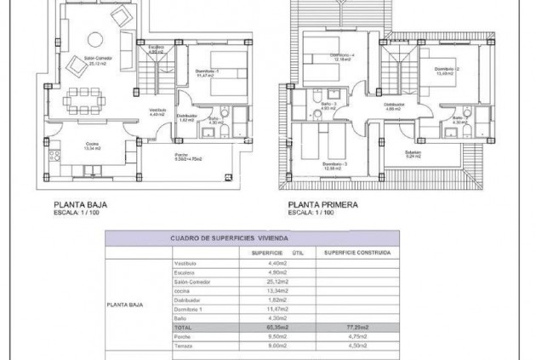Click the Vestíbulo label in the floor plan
pos(158,110)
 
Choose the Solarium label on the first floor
pos(413,153)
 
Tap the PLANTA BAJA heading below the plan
pos(79,204)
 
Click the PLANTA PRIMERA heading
pos(322,204)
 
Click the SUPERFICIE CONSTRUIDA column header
pos(356,253)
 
